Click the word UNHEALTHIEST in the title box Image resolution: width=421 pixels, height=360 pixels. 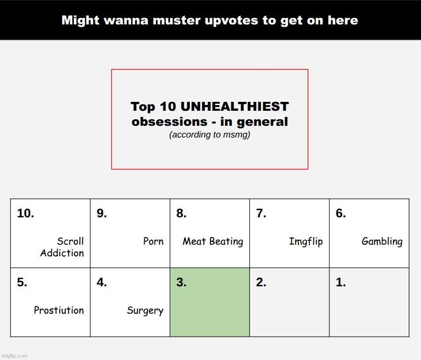click(x=234, y=107)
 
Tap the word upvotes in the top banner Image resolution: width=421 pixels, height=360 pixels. click(x=231, y=21)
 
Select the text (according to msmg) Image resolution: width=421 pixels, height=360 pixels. click(x=210, y=134)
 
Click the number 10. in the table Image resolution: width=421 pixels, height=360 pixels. click(x=25, y=213)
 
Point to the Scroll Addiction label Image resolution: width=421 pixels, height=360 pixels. click(x=62, y=247)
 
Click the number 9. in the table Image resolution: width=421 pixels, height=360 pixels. click(x=102, y=213)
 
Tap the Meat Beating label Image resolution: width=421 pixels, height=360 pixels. click(x=213, y=241)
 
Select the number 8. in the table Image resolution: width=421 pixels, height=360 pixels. click(x=181, y=213)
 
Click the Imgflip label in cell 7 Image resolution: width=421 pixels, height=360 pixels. click(x=306, y=241)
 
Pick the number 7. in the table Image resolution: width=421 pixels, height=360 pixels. click(x=261, y=213)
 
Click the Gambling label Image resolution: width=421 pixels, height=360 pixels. click(x=382, y=241)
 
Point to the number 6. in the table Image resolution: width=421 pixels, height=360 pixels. click(x=341, y=213)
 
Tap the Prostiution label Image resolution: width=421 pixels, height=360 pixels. click(x=59, y=310)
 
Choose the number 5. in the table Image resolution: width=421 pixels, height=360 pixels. click(x=22, y=282)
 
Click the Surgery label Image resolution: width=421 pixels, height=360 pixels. click(x=145, y=311)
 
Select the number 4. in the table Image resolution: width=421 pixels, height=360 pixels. click(x=102, y=282)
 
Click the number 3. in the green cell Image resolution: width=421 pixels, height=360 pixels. click(x=181, y=282)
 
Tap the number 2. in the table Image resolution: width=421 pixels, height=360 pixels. click(x=261, y=282)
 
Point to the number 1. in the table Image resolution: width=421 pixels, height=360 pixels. click(x=341, y=282)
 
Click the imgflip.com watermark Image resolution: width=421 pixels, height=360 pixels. click(x=15, y=356)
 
